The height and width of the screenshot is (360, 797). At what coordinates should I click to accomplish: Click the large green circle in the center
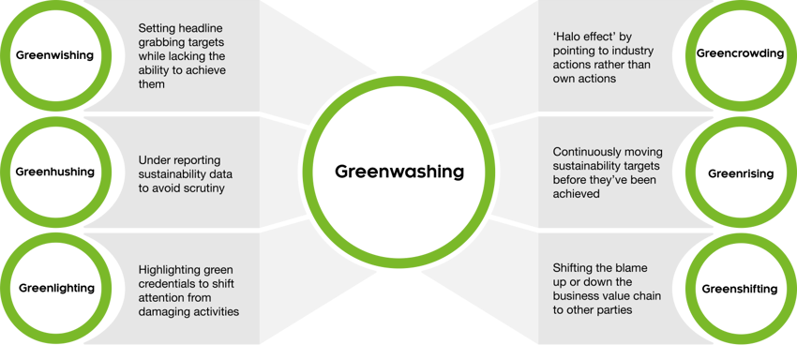tap(398, 172)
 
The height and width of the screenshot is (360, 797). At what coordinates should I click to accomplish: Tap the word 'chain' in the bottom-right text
tap(645, 295)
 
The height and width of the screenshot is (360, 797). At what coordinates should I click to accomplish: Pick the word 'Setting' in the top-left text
tap(158, 28)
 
